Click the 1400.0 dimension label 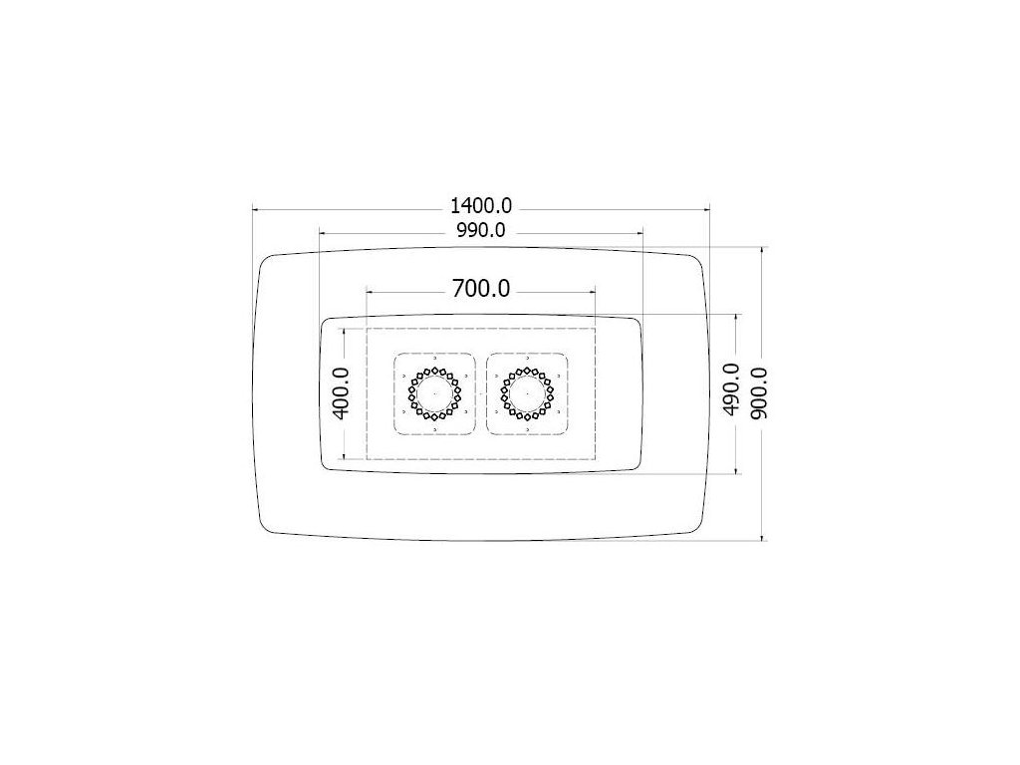pos(481,206)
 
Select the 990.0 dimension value pos(481,230)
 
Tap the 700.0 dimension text pos(481,288)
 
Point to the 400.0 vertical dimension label pos(341,393)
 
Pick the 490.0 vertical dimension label pos(731,389)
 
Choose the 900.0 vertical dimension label pos(758,392)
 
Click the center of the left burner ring pos(434,393)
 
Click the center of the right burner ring pos(527,393)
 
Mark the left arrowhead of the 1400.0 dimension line pos(256,209)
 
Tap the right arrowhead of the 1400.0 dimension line pos(705,209)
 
